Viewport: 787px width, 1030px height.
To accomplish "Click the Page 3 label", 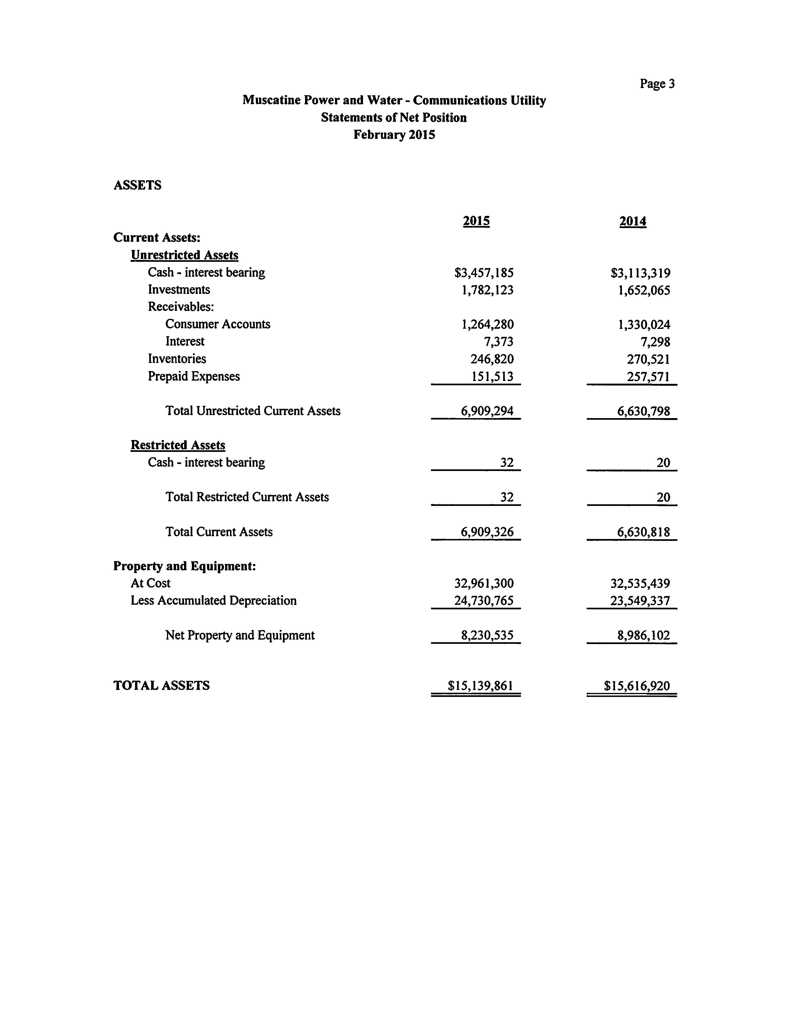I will click(657, 84).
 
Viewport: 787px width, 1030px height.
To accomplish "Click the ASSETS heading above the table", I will click(137, 185).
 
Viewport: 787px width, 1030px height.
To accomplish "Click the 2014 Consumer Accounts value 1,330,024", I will click(644, 324).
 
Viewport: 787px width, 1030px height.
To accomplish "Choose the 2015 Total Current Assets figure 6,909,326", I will click(487, 532).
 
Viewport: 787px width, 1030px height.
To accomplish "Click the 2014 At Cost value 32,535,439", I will click(640, 583).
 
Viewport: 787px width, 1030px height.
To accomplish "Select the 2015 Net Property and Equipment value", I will click(487, 635).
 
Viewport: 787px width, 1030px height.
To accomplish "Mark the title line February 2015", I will click(394, 135).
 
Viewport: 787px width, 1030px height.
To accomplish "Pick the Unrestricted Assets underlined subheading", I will click(185, 255).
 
